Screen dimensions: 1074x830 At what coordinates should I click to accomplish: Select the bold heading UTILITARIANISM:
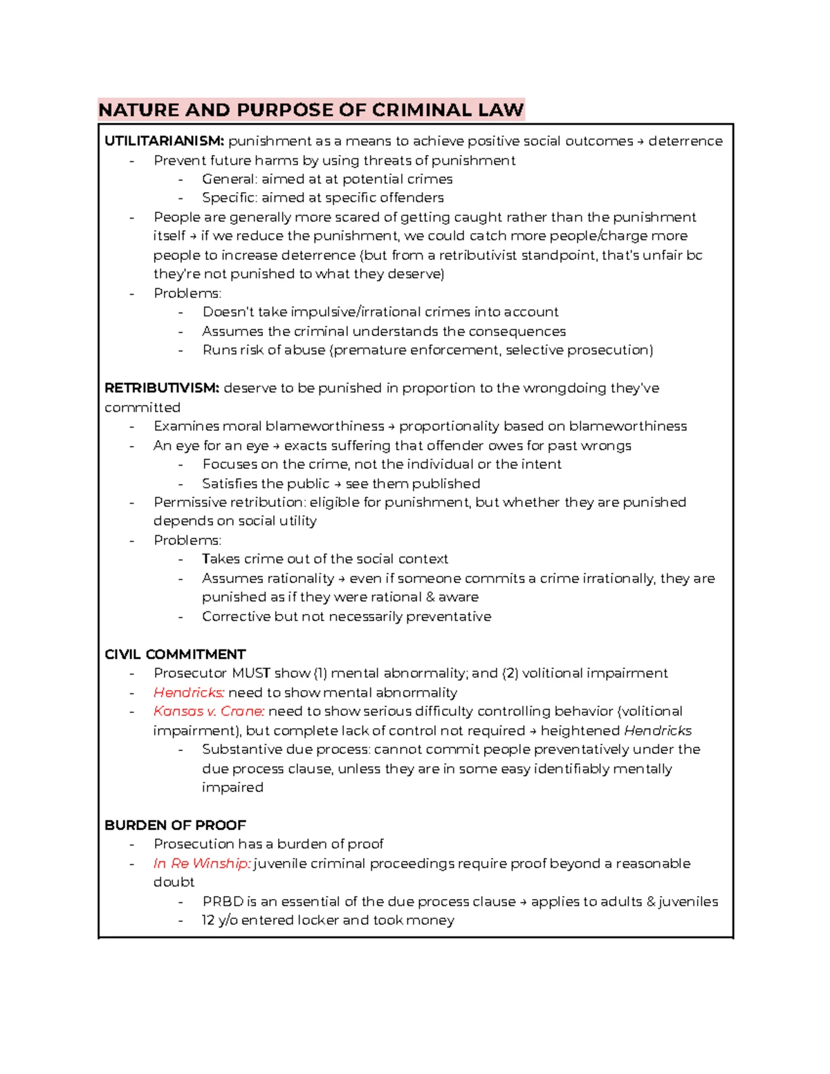[164, 141]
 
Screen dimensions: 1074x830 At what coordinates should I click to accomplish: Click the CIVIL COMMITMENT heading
[175, 654]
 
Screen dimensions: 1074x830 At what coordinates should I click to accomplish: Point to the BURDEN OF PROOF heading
[175, 825]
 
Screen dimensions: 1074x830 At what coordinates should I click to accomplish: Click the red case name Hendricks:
[189, 692]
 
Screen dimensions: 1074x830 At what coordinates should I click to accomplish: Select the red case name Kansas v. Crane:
[209, 711]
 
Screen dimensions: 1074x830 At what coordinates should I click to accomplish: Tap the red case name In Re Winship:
[201, 863]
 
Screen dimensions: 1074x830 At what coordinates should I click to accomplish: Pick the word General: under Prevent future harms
[229, 179]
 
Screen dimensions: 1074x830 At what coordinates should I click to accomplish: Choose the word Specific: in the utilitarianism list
[229, 198]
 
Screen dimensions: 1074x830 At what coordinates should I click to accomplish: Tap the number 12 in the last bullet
[208, 920]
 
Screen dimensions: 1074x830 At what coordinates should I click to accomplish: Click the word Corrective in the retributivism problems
[236, 616]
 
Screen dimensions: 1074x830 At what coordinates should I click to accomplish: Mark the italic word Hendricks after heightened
[657, 730]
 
